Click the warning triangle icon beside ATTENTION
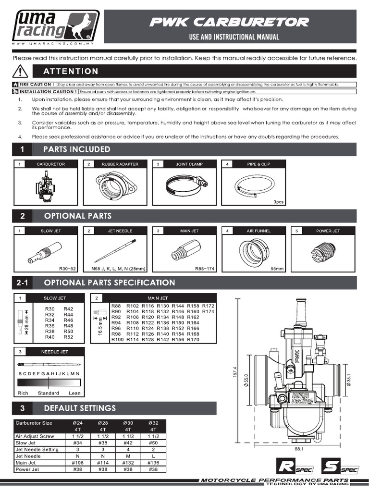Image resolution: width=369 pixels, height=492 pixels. coord(20,72)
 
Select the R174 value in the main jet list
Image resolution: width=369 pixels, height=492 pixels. coord(208,312)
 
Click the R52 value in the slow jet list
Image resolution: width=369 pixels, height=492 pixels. coord(68,337)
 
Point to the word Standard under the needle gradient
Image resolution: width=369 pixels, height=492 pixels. coord(48,393)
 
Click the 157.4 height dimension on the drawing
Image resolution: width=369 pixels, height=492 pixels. coord(234,370)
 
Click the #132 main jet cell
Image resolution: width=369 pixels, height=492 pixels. coord(128,463)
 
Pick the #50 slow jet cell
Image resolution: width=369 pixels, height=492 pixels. coord(153,443)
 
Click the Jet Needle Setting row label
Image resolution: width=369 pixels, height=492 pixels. coord(37,449)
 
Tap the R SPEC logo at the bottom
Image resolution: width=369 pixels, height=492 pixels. coord(291,467)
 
